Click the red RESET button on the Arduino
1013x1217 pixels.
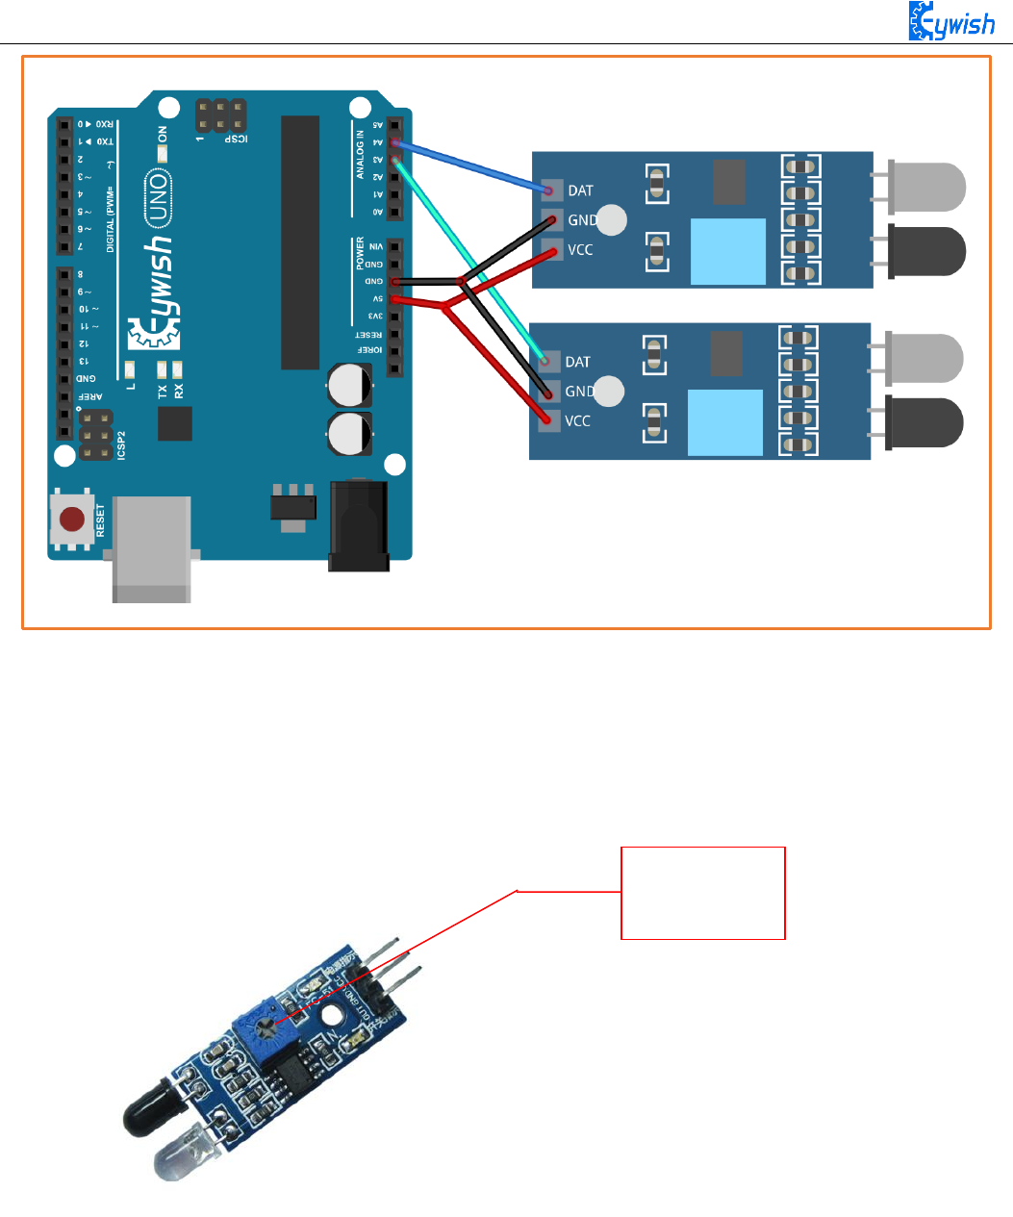click(72, 520)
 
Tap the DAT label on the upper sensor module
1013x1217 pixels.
click(580, 190)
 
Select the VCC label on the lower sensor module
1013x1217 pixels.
click(577, 420)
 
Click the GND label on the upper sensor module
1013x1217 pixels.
click(581, 220)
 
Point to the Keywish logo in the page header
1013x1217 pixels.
click(951, 20)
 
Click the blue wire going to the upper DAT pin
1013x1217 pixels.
click(471, 166)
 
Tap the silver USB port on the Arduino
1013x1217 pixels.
click(152, 548)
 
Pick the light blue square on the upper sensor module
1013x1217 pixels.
click(728, 251)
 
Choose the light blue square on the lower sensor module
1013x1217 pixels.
click(725, 422)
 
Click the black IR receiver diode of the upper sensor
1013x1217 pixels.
click(925, 251)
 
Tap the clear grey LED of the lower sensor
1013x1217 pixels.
click(923, 358)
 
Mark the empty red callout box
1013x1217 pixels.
click(703, 893)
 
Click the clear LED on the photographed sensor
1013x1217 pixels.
click(189, 1154)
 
